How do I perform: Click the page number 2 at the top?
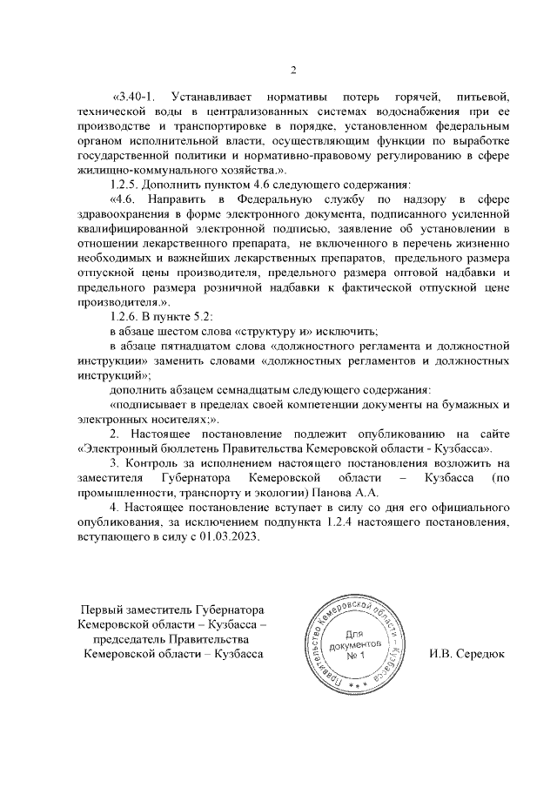tap(293, 71)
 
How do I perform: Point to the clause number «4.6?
tap(130, 200)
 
